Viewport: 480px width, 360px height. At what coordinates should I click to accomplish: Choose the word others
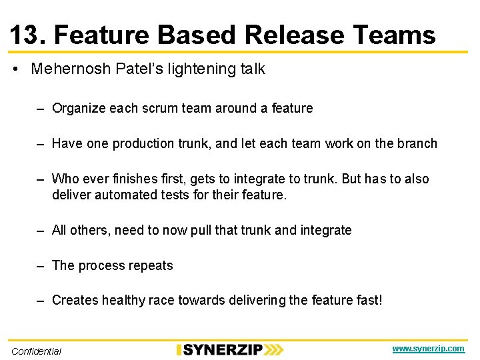[90, 230]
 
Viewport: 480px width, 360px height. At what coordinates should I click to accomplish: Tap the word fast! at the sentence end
[369, 301]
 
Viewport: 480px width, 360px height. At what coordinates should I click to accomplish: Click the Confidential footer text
[36, 351]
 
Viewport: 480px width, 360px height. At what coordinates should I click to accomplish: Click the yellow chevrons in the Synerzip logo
[273, 349]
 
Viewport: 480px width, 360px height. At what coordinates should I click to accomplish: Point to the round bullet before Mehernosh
[15, 69]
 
